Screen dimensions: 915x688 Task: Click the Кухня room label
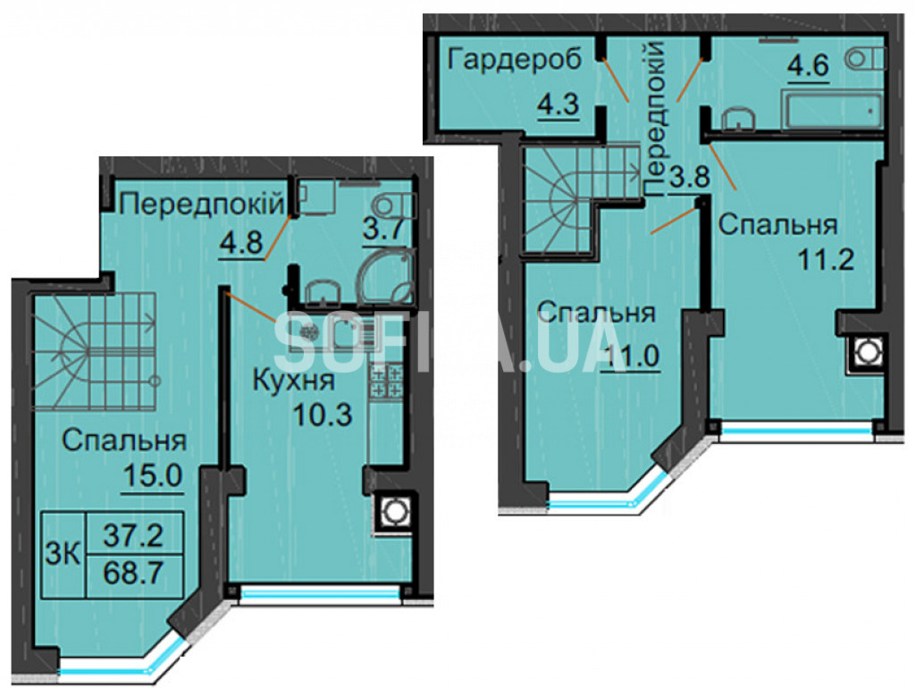[x=293, y=382]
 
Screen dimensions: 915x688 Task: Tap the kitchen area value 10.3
[x=323, y=415]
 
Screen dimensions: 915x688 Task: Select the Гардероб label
[x=516, y=60]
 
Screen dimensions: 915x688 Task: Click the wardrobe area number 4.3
[x=558, y=105]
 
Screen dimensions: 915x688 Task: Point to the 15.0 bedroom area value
[x=153, y=477]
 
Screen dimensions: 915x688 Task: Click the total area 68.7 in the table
[x=133, y=575]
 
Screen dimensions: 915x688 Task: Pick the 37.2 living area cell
[x=133, y=534]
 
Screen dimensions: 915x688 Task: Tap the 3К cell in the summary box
[x=63, y=554]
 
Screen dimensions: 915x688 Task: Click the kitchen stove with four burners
[x=385, y=380]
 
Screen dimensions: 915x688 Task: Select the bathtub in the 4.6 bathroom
[x=834, y=113]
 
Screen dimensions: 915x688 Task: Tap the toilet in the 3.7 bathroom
[x=395, y=206]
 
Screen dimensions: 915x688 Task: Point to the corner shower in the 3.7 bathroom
[x=386, y=276]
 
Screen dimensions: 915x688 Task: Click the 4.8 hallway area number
[x=240, y=241]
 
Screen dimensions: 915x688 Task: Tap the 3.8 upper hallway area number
[x=689, y=176]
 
